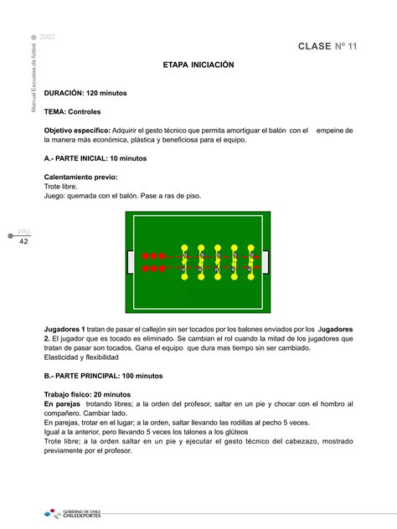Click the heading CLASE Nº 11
point(327,46)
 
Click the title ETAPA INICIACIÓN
point(198,64)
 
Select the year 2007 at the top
point(48,39)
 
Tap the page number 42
point(24,241)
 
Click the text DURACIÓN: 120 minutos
point(85,93)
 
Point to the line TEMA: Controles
point(73,111)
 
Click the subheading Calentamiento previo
point(80,177)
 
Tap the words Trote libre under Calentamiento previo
point(60,187)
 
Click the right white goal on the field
point(266,262)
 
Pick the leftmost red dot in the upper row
point(145,255)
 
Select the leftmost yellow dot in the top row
point(185,248)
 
